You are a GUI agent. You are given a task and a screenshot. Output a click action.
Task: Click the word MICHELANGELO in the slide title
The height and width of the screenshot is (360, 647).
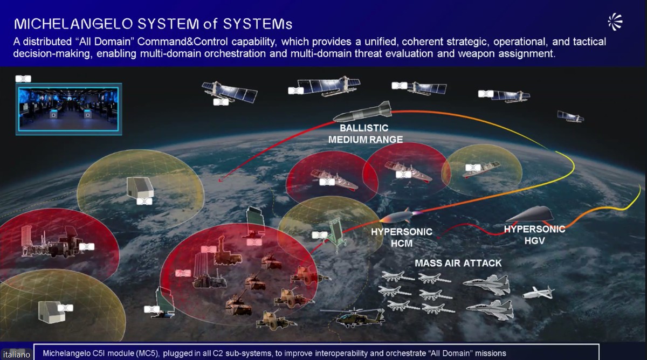74,24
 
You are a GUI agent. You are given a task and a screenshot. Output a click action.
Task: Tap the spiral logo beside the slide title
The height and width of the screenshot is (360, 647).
615,22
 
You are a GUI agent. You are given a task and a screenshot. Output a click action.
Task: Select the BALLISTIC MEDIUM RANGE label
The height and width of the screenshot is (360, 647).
365,134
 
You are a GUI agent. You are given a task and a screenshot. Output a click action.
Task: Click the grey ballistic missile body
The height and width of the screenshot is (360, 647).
363,112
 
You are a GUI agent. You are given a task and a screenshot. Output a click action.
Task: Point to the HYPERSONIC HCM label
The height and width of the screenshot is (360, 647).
402,237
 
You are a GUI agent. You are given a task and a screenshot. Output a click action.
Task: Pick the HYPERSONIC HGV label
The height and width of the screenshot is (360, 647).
535,235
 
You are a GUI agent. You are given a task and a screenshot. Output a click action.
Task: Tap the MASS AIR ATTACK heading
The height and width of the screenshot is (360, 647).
458,263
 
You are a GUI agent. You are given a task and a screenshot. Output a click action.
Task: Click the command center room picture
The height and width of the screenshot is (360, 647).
69,109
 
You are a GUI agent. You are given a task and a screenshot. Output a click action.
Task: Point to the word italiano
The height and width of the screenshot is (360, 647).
17,354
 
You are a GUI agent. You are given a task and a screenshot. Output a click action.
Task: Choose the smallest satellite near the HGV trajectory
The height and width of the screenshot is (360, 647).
570,116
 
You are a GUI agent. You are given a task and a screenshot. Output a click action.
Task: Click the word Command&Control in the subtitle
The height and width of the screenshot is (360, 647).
183,41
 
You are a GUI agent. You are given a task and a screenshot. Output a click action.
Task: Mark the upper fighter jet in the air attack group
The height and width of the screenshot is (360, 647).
487,284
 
